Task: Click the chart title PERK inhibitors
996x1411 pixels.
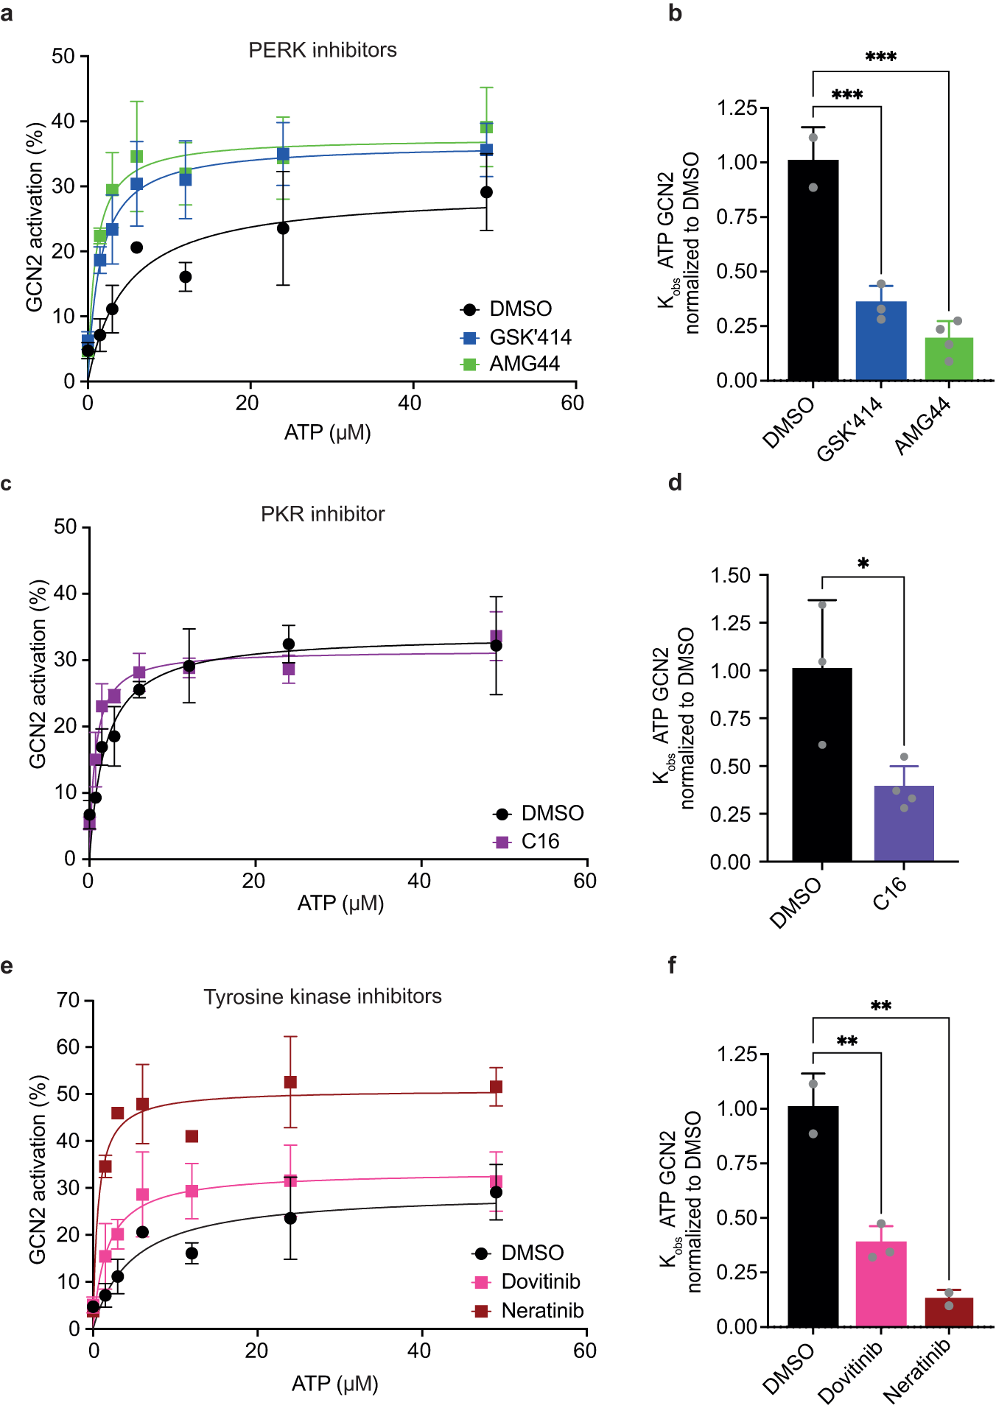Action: click(x=322, y=50)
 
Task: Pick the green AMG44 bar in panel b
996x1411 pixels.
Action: click(x=949, y=359)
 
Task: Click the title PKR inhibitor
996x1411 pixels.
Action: click(x=323, y=514)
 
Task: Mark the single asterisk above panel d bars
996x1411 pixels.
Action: click(x=863, y=563)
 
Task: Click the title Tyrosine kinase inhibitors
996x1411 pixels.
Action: click(x=323, y=996)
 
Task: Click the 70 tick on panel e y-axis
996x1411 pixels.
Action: click(x=69, y=1000)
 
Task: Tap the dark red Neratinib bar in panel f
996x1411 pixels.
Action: click(x=949, y=1312)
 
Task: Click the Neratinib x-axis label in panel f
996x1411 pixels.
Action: click(x=917, y=1370)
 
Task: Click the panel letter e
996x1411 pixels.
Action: click(x=7, y=965)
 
